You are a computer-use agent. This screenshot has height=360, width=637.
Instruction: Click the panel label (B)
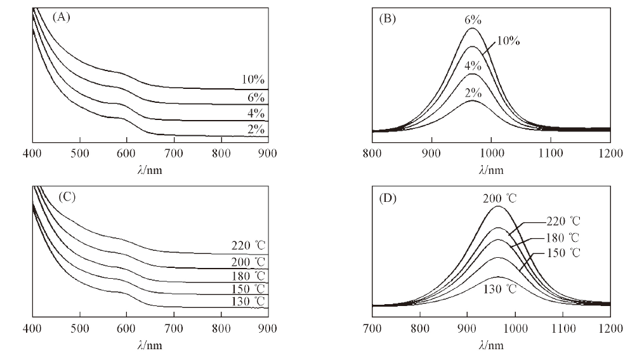coord(387,18)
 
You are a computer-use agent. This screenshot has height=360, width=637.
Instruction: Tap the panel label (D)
coord(387,198)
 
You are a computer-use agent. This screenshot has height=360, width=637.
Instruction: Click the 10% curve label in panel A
coord(253,80)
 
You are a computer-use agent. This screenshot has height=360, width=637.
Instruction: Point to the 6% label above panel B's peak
coord(473,20)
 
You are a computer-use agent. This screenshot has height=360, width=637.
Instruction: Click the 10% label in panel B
coord(508,41)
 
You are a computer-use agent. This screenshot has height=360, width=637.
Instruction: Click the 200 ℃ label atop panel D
coord(498,198)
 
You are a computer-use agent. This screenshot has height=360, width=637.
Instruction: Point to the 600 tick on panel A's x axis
coord(126,153)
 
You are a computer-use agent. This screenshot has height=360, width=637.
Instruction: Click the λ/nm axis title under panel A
coord(150,170)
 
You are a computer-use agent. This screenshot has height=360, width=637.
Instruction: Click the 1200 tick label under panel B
coord(610,153)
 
